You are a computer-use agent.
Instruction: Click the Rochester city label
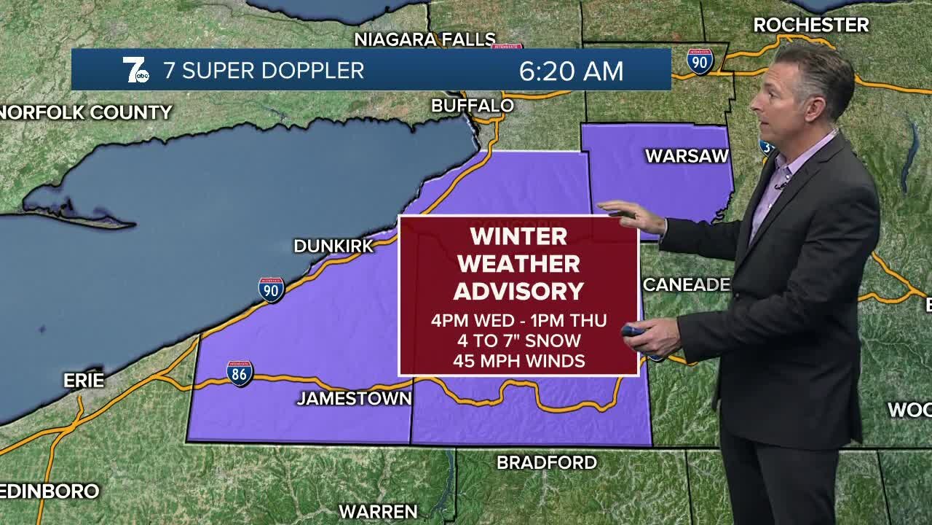810,25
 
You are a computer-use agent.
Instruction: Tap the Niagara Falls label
424,39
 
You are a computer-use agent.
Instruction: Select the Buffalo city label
473,106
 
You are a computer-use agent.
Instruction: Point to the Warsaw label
687,156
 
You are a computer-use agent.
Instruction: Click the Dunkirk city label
333,246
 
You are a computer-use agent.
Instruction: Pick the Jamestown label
354,399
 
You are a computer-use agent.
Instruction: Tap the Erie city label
84,381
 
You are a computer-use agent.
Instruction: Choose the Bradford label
546,462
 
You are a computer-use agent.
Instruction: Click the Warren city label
378,511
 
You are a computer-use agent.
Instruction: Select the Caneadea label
686,284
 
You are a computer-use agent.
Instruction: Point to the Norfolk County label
86,112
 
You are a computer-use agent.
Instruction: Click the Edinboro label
50,491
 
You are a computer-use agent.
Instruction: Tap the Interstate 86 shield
240,373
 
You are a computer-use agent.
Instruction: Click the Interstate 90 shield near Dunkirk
271,289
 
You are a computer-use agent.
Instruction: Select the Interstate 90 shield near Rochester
700,62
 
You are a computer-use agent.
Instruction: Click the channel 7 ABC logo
135,70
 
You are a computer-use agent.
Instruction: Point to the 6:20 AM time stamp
571,71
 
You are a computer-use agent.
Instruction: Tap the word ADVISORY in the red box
518,291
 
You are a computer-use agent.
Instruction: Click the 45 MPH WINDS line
518,360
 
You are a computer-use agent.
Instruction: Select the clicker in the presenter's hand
632,331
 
